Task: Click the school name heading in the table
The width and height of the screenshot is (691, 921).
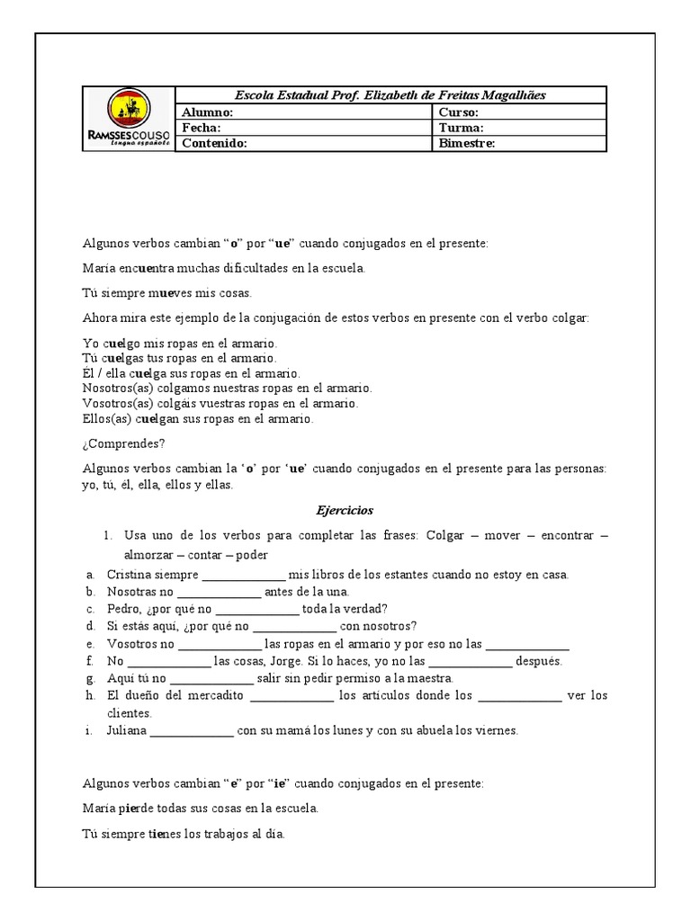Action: click(x=390, y=95)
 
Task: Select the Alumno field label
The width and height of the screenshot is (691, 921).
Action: click(x=208, y=112)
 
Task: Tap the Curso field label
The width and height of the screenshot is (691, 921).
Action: click(x=458, y=112)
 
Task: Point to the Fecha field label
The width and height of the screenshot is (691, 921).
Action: click(x=202, y=128)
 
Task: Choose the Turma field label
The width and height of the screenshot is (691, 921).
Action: click(x=461, y=128)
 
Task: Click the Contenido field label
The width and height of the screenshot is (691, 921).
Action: click(x=214, y=143)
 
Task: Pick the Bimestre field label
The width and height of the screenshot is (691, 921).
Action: click(x=466, y=143)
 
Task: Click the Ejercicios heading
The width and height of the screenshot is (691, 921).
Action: click(x=345, y=509)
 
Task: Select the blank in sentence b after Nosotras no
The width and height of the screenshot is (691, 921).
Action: click(x=220, y=593)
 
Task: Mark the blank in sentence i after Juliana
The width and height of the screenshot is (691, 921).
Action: click(x=192, y=731)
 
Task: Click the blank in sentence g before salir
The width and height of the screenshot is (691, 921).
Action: click(x=211, y=679)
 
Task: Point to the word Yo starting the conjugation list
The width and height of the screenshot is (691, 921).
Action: click(x=90, y=344)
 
